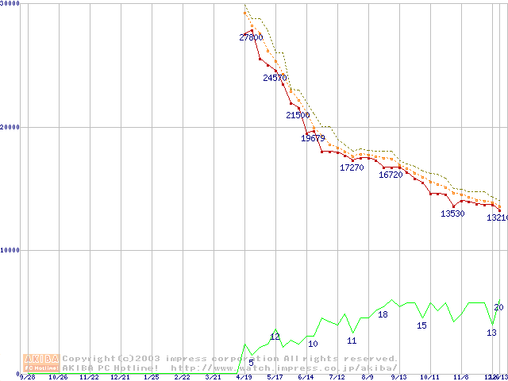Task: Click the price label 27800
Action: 251,37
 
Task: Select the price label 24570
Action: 275,78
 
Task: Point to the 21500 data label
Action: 298,115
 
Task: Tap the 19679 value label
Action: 314,138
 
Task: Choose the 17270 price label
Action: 352,167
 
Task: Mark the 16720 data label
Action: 391,175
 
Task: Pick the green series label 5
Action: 251,363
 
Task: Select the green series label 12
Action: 275,337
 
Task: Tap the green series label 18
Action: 383,314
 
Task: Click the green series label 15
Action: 421,325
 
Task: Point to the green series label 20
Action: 498,307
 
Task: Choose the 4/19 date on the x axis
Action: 244,377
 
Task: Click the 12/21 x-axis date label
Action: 120,377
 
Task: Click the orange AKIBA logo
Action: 41,362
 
